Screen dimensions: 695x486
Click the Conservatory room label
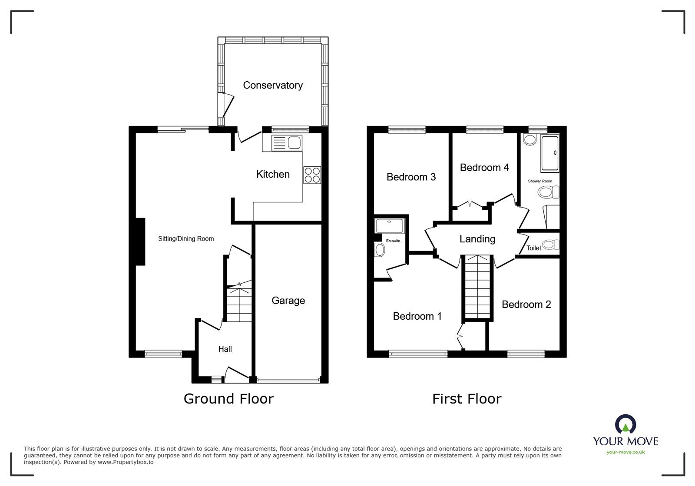click(x=273, y=85)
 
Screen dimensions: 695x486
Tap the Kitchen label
click(x=273, y=174)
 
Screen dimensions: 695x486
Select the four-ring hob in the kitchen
click(x=312, y=175)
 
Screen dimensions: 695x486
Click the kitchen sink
click(x=287, y=143)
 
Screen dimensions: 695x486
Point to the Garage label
click(x=288, y=301)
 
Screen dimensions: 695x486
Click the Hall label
click(x=225, y=349)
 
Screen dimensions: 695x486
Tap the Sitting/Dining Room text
click(x=186, y=238)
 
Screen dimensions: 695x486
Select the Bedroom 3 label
click(x=411, y=177)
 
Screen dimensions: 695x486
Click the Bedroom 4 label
click(x=484, y=168)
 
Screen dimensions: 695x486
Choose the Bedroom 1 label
click(x=417, y=316)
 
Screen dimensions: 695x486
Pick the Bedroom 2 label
click(x=526, y=304)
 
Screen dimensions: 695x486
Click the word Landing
click(x=477, y=239)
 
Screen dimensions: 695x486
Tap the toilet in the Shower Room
click(x=549, y=192)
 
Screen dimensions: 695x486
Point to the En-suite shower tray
click(x=389, y=226)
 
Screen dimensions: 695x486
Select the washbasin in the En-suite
click(x=380, y=250)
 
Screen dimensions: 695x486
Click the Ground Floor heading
click(x=228, y=399)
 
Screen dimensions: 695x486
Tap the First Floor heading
click(x=467, y=399)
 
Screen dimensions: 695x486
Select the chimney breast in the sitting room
click(x=140, y=241)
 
